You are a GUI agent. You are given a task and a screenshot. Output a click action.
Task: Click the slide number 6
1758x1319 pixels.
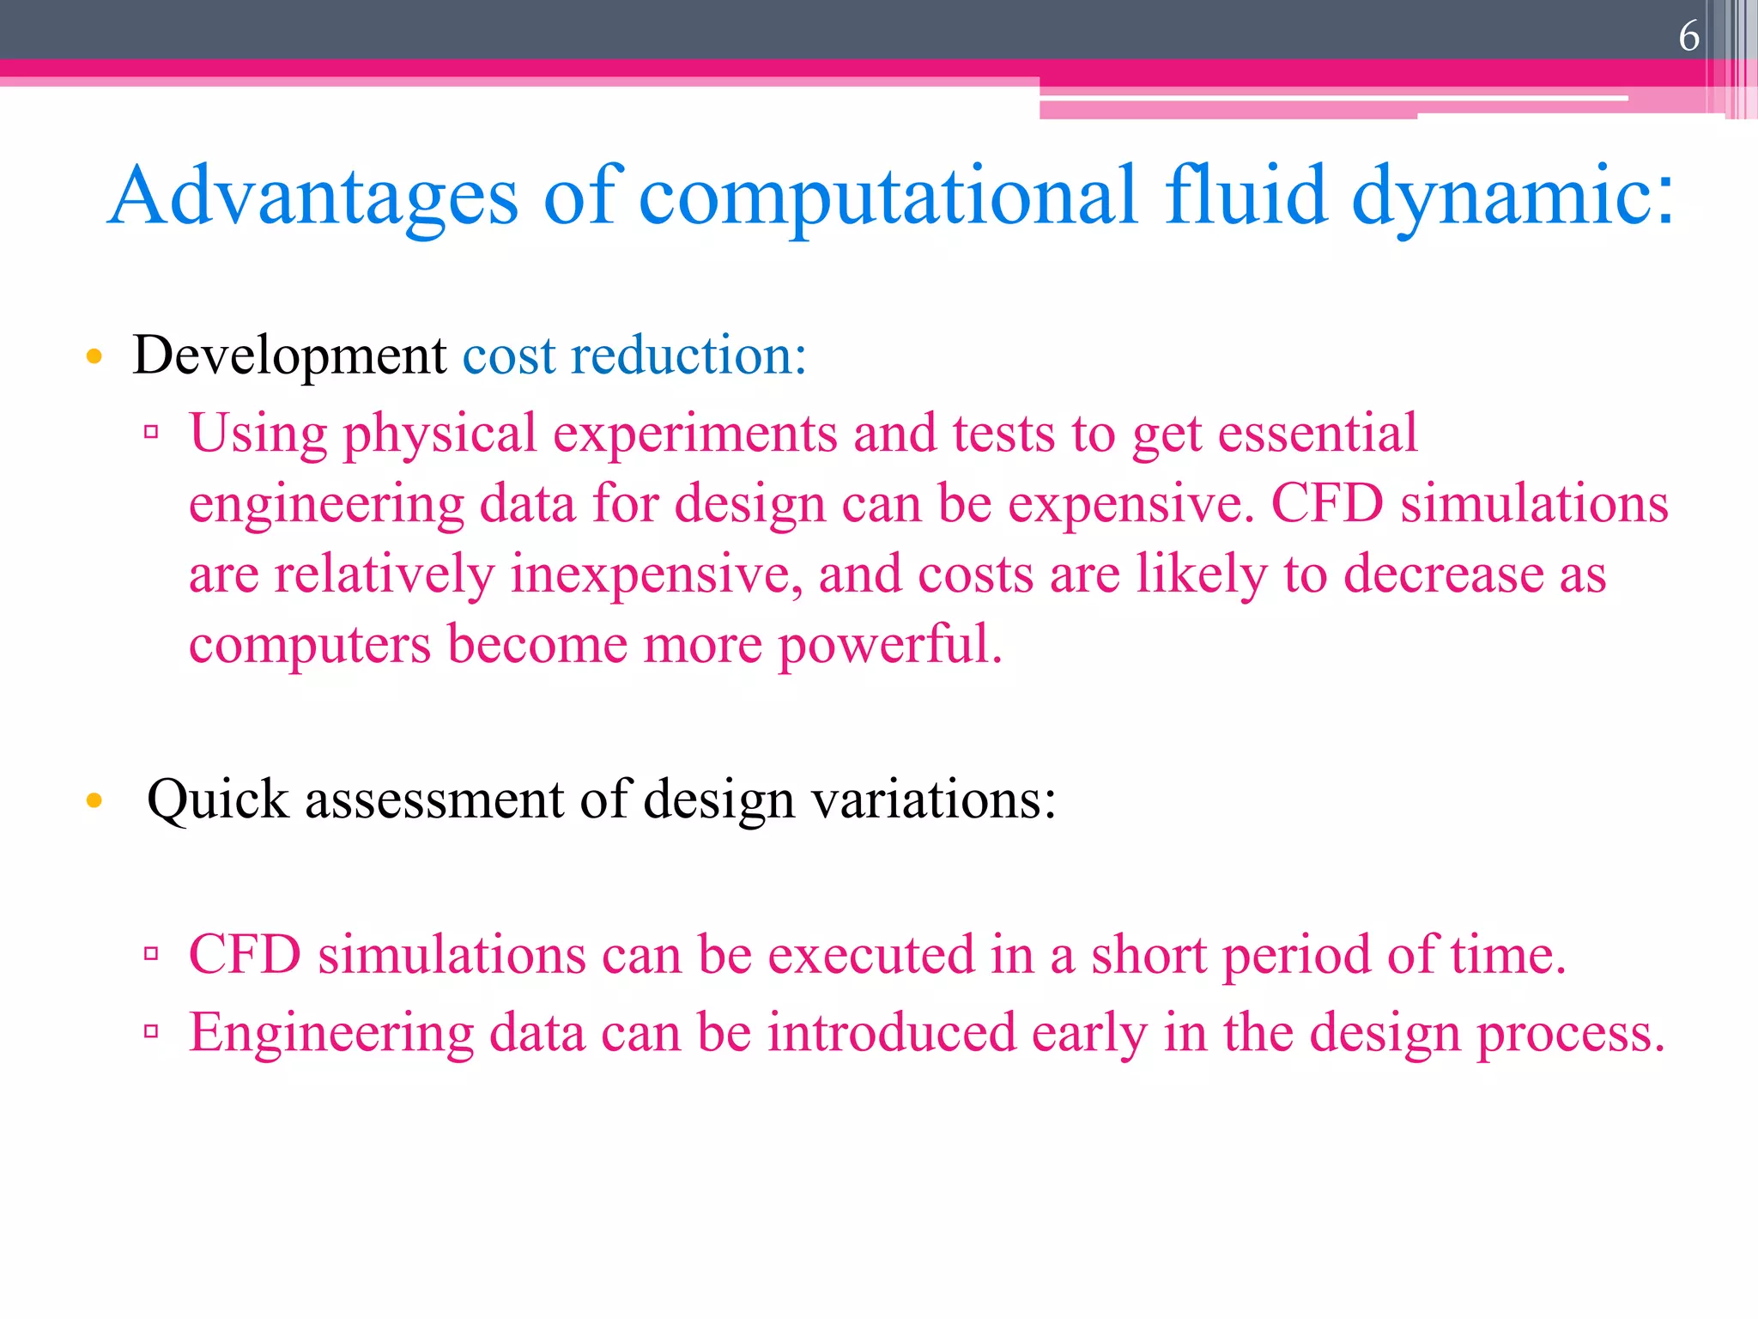point(1688,37)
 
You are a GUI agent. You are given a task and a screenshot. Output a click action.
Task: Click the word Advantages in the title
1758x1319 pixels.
point(314,198)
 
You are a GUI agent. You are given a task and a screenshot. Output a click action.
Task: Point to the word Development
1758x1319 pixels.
point(289,355)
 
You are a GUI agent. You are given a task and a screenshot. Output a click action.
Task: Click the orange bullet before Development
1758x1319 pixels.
point(94,356)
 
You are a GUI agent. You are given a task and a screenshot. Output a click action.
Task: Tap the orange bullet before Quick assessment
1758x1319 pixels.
point(94,801)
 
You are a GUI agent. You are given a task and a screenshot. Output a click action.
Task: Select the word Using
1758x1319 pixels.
point(258,434)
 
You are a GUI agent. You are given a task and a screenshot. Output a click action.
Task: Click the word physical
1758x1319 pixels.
point(440,434)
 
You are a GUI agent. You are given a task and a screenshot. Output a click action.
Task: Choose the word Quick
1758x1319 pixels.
point(218,800)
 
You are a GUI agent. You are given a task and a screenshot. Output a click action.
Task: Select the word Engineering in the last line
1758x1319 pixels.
point(331,1034)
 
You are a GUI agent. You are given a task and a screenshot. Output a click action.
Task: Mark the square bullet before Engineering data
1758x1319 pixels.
point(152,1031)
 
